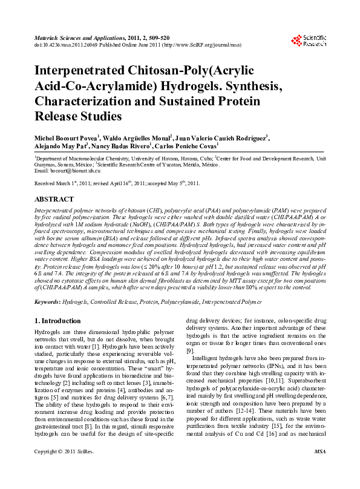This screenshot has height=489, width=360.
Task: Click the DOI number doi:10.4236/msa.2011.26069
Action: pos(67,44)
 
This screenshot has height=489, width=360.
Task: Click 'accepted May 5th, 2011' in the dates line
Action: pos(175,183)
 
